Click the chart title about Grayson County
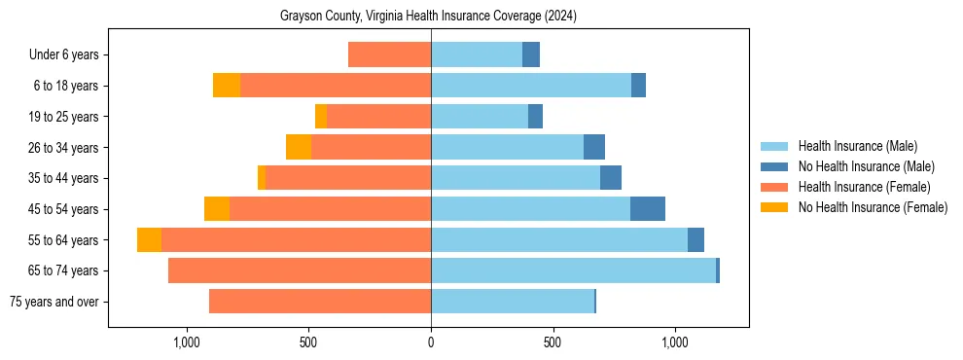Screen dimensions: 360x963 click(x=429, y=16)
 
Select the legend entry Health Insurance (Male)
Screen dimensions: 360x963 click(x=856, y=146)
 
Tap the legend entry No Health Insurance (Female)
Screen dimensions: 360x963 click(x=872, y=207)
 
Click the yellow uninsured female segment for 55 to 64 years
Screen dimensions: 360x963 click(x=149, y=240)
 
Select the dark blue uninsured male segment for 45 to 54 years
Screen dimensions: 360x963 click(x=648, y=209)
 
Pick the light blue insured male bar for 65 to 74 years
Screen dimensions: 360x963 click(x=573, y=270)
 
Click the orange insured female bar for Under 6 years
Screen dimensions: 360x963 click(x=389, y=55)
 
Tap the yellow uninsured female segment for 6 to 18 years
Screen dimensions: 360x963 click(x=227, y=86)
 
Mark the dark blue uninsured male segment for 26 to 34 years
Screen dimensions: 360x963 click(x=594, y=148)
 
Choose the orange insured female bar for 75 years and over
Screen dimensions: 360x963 click(x=320, y=302)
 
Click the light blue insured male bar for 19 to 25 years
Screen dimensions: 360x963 click(x=480, y=117)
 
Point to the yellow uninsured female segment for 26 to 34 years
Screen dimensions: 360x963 click(x=299, y=148)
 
